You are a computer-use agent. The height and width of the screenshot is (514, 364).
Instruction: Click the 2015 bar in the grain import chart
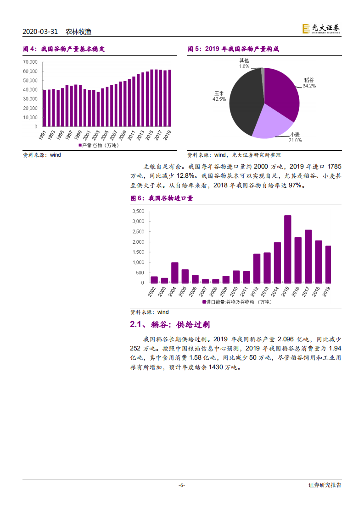point(288,249)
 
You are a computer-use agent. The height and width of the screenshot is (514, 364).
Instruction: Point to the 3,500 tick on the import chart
point(138,211)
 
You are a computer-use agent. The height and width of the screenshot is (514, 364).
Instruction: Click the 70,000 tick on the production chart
point(30,62)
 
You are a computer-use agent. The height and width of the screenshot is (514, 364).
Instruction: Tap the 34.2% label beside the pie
point(309,86)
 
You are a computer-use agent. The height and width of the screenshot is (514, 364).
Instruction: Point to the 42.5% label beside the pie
point(219,98)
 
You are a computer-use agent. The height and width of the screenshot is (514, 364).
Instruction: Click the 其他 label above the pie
point(244,60)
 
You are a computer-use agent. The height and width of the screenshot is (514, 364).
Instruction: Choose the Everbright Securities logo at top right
point(321,28)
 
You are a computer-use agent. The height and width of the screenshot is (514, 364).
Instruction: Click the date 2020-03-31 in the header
point(40,32)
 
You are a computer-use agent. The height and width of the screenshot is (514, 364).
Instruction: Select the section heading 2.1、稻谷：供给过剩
point(170,324)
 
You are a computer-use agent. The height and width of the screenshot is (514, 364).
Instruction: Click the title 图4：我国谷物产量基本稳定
point(64,49)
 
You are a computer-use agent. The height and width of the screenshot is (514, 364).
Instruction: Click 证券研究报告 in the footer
point(325,485)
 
